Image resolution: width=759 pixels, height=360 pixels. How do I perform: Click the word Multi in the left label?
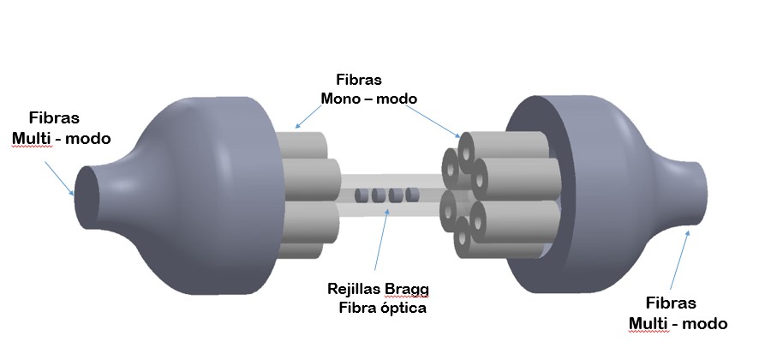tap(33, 138)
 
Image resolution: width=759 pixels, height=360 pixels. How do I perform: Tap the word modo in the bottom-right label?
tap(706, 323)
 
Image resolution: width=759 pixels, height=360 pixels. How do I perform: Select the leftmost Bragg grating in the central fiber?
tap(361, 195)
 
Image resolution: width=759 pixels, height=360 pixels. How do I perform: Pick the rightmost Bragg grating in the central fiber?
tap(413, 195)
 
